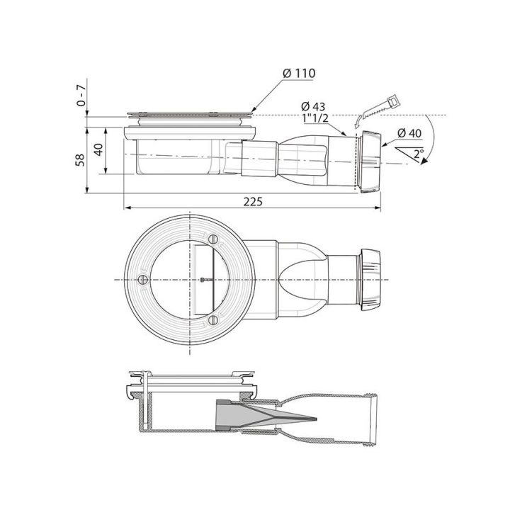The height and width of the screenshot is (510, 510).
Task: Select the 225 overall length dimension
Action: click(x=252, y=202)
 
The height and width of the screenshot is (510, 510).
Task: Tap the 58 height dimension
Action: click(x=80, y=159)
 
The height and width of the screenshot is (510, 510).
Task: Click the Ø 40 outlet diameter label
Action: click(x=410, y=133)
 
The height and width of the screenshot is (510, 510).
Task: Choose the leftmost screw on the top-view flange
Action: click(x=143, y=279)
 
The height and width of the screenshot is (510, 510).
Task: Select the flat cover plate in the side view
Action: click(x=188, y=113)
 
